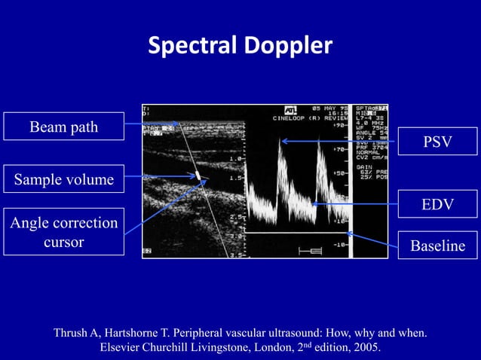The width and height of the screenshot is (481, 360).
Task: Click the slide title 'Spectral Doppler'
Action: [240, 47]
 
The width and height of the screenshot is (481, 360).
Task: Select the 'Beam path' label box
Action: [63, 127]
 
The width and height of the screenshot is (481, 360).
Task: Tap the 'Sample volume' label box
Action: [63, 179]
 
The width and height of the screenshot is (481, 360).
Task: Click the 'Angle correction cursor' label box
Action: [63, 232]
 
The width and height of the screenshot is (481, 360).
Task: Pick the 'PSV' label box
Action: [437, 142]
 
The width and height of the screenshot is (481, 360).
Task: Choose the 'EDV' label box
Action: [437, 204]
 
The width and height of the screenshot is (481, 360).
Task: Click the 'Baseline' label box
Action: [437, 245]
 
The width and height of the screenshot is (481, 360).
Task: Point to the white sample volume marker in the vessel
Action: [198, 175]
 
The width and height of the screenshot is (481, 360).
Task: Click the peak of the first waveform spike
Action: [280, 142]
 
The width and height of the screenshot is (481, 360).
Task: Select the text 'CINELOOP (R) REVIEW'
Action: [311, 118]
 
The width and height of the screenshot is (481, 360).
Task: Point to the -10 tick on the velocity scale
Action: [339, 245]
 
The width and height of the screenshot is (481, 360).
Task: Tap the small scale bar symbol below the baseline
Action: [310, 251]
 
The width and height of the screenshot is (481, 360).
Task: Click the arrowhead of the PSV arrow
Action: [283, 141]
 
